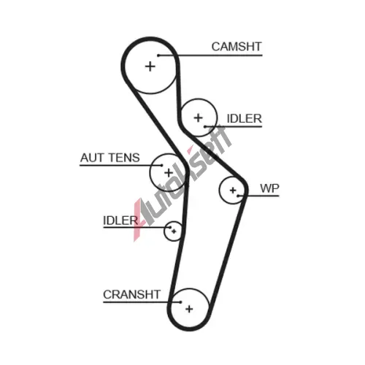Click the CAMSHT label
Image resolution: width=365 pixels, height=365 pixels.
click(x=237, y=47)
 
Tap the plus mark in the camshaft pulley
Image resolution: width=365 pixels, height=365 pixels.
click(x=150, y=66)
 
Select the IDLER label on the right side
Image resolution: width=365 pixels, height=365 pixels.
click(x=244, y=118)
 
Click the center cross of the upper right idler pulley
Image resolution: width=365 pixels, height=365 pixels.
click(x=199, y=118)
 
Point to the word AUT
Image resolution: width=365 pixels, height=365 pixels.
click(x=92, y=158)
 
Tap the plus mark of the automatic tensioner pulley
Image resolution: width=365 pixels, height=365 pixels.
click(x=169, y=173)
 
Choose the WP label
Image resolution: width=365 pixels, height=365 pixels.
click(x=269, y=188)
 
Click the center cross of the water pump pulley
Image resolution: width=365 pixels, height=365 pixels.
click(x=233, y=191)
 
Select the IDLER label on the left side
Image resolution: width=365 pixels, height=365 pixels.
click(x=120, y=220)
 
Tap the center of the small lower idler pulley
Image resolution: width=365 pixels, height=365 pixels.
click(x=174, y=231)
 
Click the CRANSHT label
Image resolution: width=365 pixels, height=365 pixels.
click(x=131, y=294)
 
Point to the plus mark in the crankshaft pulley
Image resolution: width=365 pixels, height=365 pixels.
click(x=189, y=309)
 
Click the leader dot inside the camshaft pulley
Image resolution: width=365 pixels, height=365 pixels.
click(x=158, y=55)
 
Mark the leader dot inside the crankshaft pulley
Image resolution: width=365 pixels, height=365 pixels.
click(x=180, y=302)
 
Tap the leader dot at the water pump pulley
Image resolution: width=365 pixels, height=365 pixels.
click(x=239, y=196)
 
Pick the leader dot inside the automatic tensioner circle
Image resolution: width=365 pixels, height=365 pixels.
click(x=162, y=166)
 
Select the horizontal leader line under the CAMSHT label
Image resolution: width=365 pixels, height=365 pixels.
click(x=210, y=55)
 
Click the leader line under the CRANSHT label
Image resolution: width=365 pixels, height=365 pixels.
click(x=142, y=302)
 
